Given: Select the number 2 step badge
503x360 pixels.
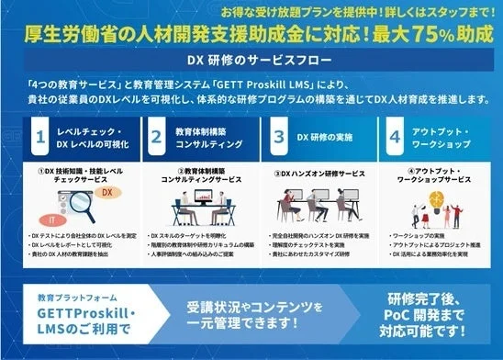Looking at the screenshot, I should [x=157, y=140].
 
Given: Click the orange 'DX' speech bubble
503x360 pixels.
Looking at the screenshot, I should [x=106, y=194].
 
